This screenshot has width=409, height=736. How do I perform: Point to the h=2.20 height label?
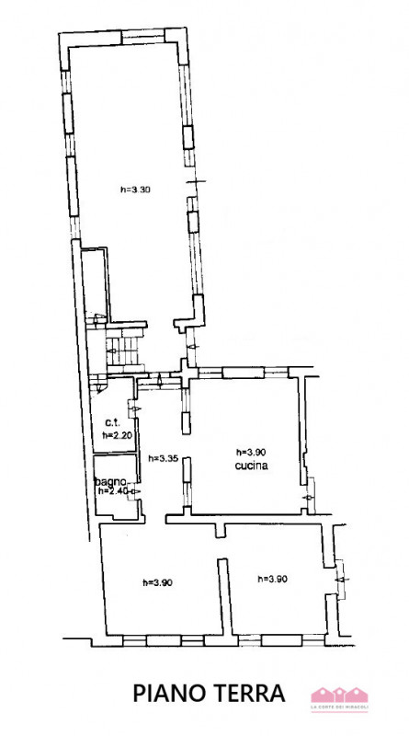118,435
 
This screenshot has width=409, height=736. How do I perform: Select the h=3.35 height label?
162,458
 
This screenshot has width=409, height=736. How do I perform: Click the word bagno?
111,481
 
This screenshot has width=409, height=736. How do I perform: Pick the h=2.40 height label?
113,491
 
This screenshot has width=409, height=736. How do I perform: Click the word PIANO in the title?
169,692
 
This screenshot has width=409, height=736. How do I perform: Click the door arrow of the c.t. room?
135,408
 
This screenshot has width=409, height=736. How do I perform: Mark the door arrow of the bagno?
135,491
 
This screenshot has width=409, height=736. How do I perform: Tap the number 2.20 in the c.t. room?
123,435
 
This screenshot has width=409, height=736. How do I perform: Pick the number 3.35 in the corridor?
167,458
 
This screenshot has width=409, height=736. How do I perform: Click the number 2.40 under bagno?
119,491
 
